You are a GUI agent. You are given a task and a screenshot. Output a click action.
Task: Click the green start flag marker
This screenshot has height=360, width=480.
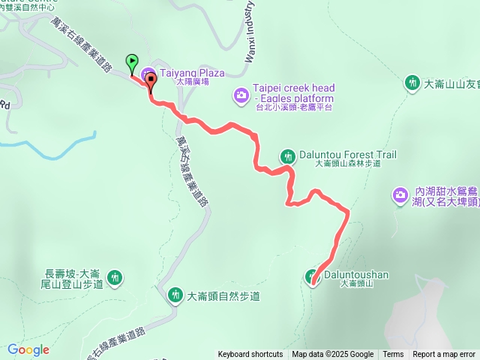132,63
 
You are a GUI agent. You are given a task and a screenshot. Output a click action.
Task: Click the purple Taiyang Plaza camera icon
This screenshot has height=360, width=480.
146,73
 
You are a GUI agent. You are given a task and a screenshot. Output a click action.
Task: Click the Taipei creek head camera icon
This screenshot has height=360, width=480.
241,94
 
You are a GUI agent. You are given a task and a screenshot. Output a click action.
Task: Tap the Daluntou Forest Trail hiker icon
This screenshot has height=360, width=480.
288,156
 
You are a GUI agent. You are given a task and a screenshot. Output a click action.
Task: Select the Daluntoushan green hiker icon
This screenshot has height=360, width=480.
313,276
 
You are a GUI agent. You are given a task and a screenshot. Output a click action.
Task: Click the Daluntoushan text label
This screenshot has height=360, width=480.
355,274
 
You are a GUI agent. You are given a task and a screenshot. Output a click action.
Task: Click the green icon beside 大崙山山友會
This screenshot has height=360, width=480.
412,82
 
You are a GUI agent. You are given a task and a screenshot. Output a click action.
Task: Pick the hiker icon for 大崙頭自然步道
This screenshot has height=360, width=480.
175,295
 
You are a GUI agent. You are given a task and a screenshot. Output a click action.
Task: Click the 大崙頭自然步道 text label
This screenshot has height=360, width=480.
223,296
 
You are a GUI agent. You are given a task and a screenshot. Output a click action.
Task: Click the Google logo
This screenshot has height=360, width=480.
28,349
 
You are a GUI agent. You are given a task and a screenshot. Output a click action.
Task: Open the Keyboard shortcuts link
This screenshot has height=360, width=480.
250,355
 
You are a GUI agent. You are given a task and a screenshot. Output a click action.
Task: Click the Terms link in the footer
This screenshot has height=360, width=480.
393,355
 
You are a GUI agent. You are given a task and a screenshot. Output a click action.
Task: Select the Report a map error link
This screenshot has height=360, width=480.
444,355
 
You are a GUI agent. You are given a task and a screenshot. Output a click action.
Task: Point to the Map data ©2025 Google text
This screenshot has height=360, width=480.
333,355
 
